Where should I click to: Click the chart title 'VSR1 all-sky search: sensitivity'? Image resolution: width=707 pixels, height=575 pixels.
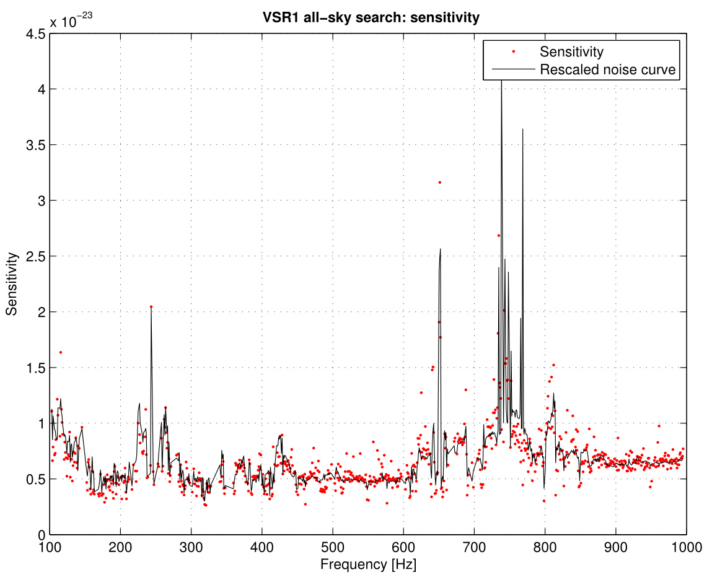pyautogui.click(x=371, y=18)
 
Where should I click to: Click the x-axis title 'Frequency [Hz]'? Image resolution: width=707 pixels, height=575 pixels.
pyautogui.click(x=368, y=564)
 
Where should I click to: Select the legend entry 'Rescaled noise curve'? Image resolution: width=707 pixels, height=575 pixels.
pyautogui.click(x=609, y=69)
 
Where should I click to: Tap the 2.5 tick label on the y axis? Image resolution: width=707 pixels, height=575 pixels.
pyautogui.click(x=34, y=256)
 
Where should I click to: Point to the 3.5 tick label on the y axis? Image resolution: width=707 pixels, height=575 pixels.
pyautogui.click(x=34, y=145)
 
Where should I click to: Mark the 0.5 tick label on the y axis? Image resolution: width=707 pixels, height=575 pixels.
pyautogui.click(x=34, y=479)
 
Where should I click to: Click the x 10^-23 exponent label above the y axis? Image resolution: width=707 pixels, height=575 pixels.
pyautogui.click(x=72, y=21)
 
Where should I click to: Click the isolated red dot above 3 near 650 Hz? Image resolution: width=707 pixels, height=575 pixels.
pyautogui.click(x=439, y=183)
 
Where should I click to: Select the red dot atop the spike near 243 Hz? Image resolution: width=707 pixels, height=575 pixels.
pyautogui.click(x=151, y=307)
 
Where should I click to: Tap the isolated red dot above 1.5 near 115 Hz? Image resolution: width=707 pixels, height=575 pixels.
pyautogui.click(x=60, y=352)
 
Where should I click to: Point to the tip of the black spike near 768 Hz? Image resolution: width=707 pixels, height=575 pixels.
pyautogui.click(x=523, y=129)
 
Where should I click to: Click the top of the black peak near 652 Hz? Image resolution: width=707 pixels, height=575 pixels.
pyautogui.click(x=440, y=249)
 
